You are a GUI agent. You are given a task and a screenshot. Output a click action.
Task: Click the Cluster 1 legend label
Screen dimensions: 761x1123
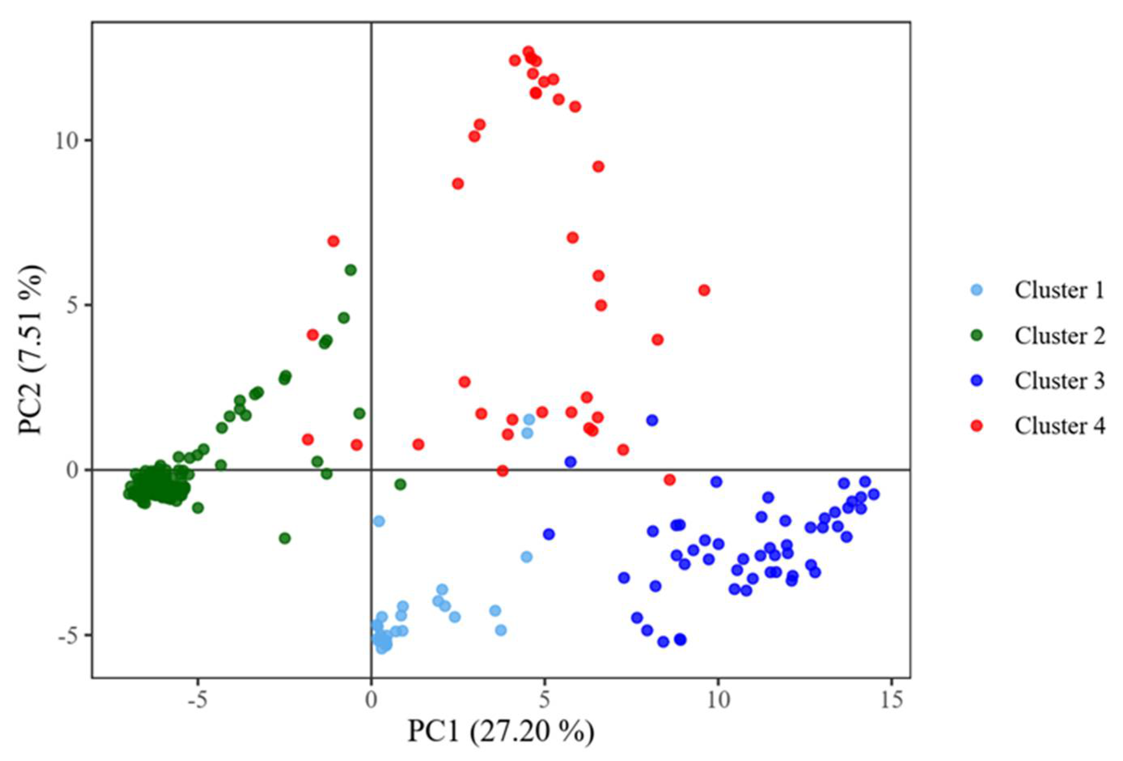(1059, 290)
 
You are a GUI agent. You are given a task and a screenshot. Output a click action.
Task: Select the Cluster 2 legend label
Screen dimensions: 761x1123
(1059, 336)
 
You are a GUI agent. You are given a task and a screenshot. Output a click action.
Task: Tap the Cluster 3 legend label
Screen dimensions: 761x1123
(1059, 381)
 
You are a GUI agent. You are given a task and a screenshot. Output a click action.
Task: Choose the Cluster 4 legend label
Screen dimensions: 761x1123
(1059, 426)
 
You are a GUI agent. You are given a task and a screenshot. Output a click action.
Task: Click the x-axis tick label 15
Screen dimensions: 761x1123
(891, 701)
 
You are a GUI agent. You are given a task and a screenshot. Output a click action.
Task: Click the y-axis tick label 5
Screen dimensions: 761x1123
(72, 305)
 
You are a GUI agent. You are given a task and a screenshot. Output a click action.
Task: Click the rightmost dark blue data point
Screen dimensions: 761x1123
(873, 494)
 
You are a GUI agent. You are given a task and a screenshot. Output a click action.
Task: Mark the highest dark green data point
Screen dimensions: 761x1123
(351, 270)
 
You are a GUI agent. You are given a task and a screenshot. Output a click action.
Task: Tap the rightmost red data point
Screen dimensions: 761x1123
(704, 290)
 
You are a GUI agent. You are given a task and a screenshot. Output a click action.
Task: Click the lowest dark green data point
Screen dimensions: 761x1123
(285, 538)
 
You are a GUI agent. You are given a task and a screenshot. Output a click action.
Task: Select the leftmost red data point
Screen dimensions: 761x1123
(308, 440)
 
